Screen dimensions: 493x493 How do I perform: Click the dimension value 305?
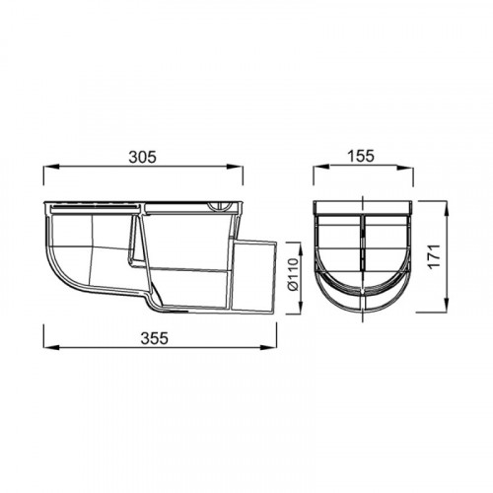(143, 157)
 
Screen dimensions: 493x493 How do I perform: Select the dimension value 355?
(154, 338)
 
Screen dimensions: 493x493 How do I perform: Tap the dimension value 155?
(361, 156)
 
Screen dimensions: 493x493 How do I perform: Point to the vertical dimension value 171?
(435, 256)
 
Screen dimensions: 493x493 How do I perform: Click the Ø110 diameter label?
(292, 274)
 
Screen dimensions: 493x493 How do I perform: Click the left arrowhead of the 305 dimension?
(51, 167)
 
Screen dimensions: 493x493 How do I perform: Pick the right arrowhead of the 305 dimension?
(236, 167)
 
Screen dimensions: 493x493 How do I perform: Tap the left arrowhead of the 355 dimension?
(51, 347)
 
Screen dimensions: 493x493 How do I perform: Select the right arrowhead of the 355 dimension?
(269, 347)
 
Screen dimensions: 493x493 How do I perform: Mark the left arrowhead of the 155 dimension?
(320, 167)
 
